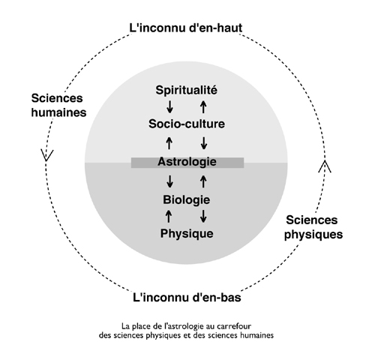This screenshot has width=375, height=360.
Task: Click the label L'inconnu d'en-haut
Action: click(x=186, y=28)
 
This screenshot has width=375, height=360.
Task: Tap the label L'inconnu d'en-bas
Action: click(x=187, y=298)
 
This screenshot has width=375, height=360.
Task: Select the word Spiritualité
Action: click(x=187, y=90)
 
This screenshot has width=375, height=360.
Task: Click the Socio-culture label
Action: click(x=187, y=124)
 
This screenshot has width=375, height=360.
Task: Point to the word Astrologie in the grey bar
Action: click(x=187, y=162)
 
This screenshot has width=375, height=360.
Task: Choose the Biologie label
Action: click(x=187, y=199)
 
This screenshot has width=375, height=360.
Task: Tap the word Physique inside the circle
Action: click(x=187, y=233)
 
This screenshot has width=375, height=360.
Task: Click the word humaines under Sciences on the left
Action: click(x=58, y=112)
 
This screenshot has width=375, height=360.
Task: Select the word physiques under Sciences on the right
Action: click(x=313, y=235)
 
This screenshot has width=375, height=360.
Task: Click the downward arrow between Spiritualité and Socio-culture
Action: click(x=170, y=106)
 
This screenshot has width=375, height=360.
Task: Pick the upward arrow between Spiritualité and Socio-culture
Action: click(x=203, y=106)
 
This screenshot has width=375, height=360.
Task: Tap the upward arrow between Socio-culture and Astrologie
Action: click(x=169, y=143)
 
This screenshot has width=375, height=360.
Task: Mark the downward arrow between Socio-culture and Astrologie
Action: click(x=204, y=143)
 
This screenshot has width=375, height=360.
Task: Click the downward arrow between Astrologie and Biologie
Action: click(x=170, y=181)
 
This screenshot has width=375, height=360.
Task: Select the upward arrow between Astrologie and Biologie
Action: click(x=203, y=181)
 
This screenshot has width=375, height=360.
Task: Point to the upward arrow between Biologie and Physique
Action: click(x=169, y=216)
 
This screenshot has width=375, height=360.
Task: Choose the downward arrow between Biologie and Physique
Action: click(x=203, y=216)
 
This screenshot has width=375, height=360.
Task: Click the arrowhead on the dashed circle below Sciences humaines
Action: click(x=46, y=155)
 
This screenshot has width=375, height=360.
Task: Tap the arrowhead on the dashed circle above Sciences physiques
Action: click(x=325, y=166)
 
